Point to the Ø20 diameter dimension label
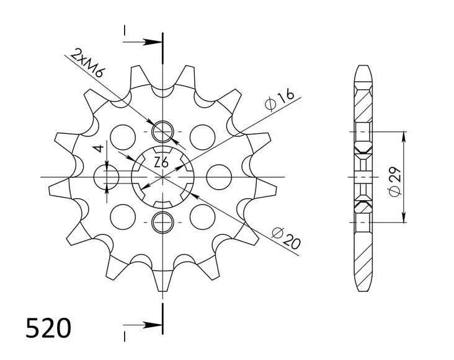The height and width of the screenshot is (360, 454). click(286, 238)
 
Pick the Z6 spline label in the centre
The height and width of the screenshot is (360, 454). click(161, 163)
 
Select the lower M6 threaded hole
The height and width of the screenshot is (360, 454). click(162, 220)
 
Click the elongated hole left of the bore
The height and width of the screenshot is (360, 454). click(107, 177)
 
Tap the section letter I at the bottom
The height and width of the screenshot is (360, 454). click(125, 336)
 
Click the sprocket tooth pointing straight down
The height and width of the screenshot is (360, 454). click(162, 282)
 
